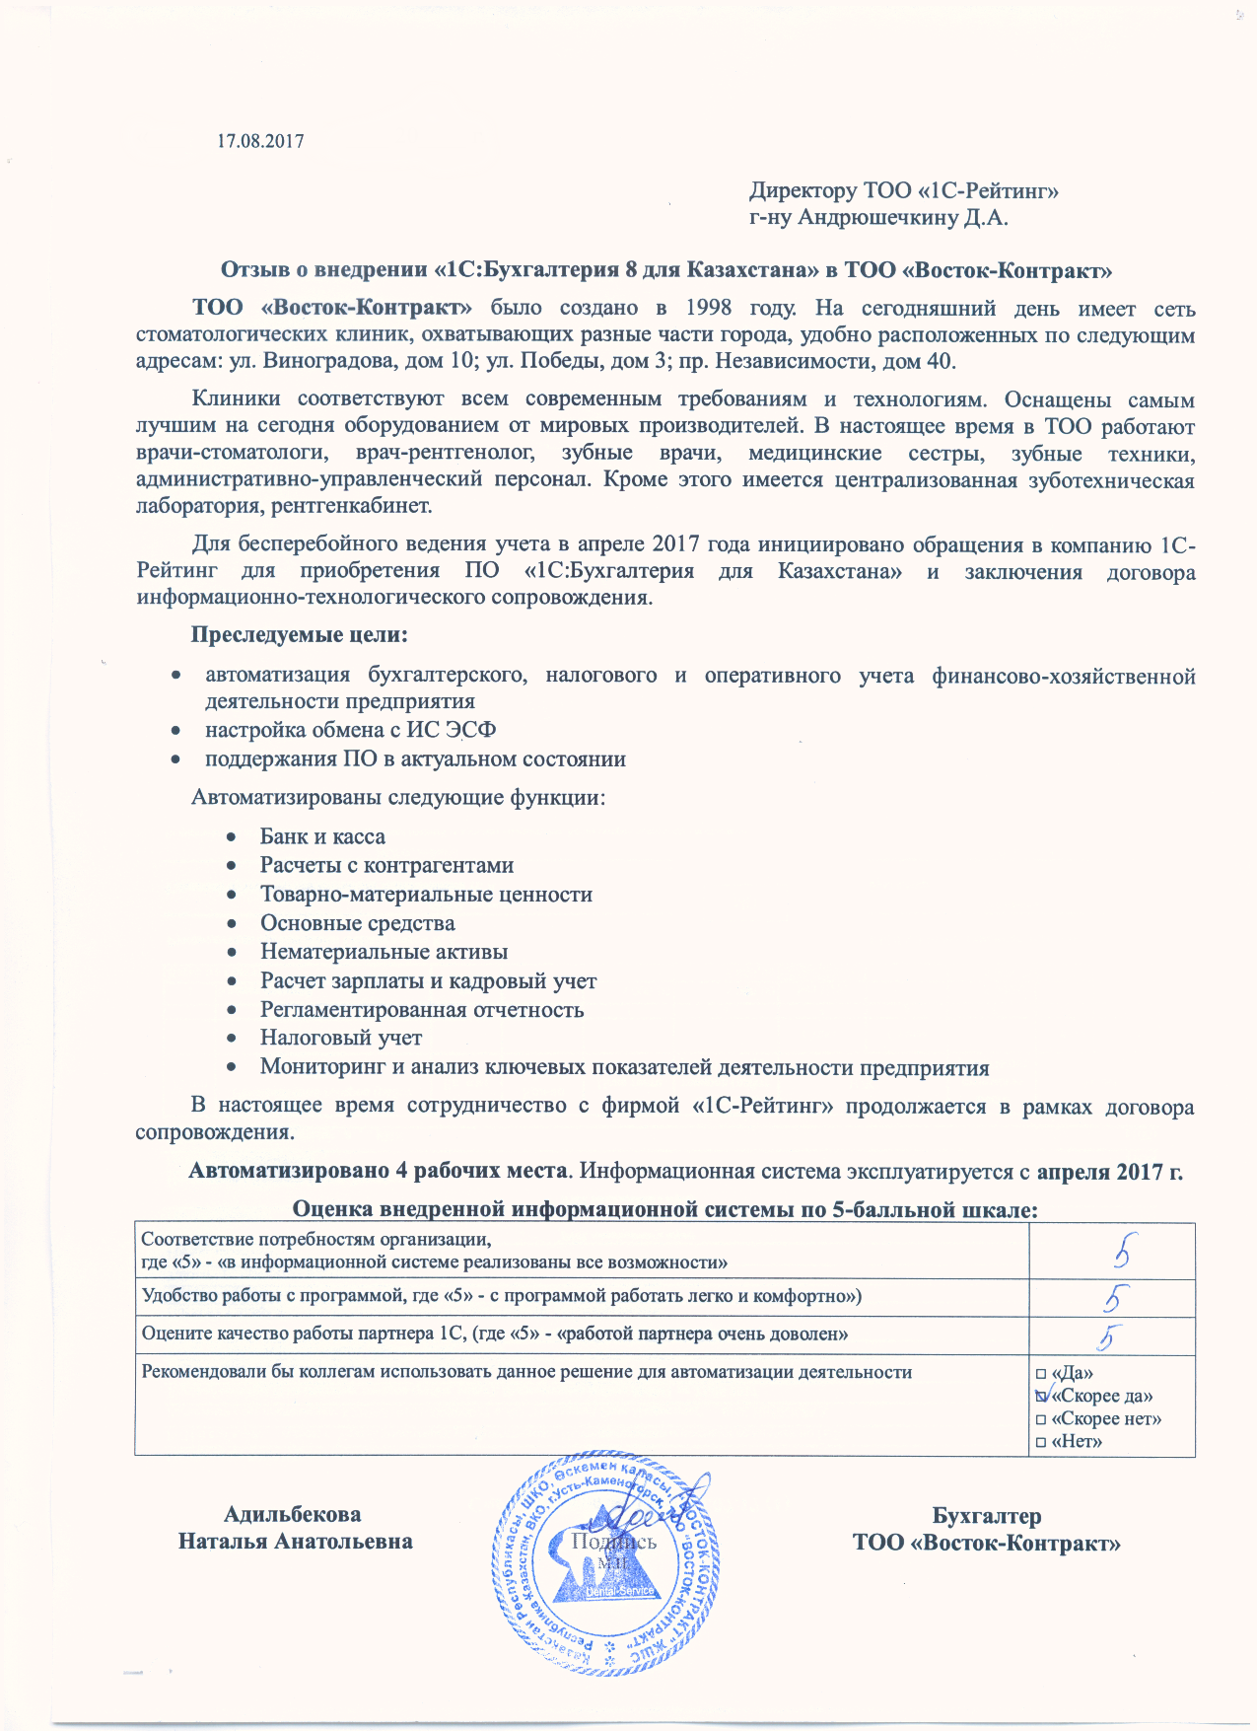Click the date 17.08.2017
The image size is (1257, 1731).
[260, 141]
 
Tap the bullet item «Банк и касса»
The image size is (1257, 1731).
[322, 836]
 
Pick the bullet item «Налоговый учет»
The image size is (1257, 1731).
[341, 1038]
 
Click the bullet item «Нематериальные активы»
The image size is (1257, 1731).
[384, 952]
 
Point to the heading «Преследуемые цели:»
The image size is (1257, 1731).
[300, 634]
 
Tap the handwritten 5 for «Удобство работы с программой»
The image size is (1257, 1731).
[1116, 1298]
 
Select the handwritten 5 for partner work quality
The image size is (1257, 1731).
[1111, 1336]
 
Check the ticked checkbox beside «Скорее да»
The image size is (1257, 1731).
[1041, 1396]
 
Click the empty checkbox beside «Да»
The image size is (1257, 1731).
[1040, 1373]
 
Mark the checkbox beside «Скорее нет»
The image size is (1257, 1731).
[1040, 1419]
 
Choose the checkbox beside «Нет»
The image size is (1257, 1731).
[1040, 1442]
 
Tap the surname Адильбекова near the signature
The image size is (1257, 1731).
[292, 1514]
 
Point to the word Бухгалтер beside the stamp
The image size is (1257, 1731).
[986, 1516]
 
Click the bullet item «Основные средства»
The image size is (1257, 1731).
[357, 923]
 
